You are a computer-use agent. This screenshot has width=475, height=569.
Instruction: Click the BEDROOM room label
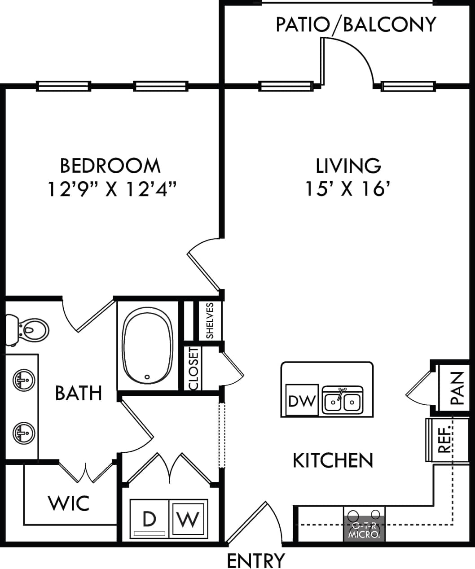(110, 166)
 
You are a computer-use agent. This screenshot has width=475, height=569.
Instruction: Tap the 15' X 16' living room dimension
(347, 188)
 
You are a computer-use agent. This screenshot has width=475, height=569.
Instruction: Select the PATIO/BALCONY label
(356, 25)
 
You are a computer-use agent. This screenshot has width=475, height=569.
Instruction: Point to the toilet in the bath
(29, 331)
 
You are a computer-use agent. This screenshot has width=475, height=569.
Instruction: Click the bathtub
(147, 346)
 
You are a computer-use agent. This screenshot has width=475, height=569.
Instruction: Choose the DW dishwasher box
(302, 400)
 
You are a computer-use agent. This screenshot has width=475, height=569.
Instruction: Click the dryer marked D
(149, 519)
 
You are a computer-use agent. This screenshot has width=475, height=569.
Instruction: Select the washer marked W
(188, 519)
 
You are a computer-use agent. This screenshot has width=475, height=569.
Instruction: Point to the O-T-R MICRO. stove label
(365, 530)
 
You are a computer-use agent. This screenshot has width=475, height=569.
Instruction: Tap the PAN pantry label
(457, 388)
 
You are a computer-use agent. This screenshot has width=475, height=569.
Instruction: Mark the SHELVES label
(210, 321)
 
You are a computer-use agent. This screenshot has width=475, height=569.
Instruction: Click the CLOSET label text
(194, 368)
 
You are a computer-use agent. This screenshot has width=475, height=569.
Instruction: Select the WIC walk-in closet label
(69, 503)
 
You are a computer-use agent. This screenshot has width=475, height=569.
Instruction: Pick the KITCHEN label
(333, 460)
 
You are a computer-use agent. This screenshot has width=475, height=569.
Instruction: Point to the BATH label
(79, 393)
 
